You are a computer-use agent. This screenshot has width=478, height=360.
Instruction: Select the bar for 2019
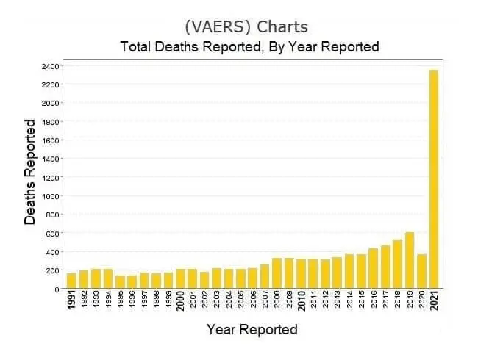(410, 260)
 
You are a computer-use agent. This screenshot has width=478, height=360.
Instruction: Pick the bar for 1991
(72, 281)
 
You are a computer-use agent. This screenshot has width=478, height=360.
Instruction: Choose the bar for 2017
(385, 267)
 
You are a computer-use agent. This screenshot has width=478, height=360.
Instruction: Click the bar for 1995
(120, 282)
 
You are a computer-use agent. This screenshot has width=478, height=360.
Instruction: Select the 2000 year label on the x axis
(180, 301)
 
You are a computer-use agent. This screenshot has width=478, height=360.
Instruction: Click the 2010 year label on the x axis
(301, 301)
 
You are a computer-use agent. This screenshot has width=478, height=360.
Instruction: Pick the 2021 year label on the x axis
(434, 301)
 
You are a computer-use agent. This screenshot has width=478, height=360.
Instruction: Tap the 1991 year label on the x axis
(72, 301)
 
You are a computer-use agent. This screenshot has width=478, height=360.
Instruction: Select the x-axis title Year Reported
(252, 328)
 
